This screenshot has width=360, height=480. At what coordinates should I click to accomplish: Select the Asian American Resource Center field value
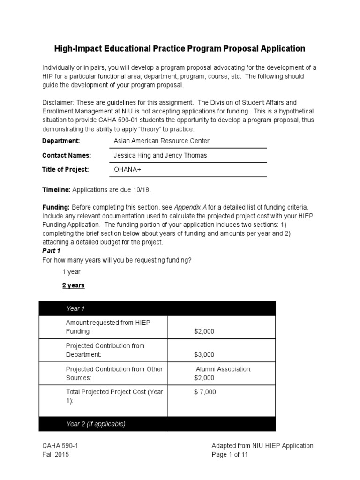pyautogui.click(x=162, y=141)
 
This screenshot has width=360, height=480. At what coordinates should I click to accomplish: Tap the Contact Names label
pyautogui.click(x=67, y=155)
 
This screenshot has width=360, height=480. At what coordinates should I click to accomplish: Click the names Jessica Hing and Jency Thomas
pyautogui.click(x=160, y=155)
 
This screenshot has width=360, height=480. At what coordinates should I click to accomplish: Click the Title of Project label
pyautogui.click(x=65, y=169)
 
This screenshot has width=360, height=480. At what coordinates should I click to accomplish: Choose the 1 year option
pyautogui.click(x=72, y=272)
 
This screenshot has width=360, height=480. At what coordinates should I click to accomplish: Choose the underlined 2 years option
pyautogui.click(x=74, y=285)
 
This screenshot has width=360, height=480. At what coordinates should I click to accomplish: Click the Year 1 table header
pyautogui.click(x=76, y=308)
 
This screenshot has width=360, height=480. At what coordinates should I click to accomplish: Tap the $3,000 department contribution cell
pyautogui.click(x=204, y=355)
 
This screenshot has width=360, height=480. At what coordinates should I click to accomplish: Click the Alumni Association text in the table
pyautogui.click(x=224, y=369)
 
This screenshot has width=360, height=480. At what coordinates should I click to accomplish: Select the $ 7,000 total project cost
pyautogui.click(x=205, y=392)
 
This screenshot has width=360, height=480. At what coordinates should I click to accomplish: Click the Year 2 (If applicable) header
pyautogui.click(x=96, y=424)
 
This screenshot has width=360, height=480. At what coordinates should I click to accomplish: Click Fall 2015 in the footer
pyautogui.click(x=56, y=455)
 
